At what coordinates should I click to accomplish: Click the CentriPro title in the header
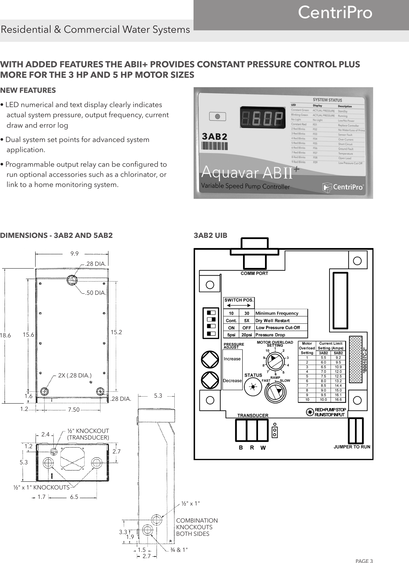pyautogui.click(x=335, y=13)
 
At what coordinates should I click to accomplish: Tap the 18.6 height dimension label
pyautogui.click(x=6, y=335)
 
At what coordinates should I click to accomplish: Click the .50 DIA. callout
pyautogui.click(x=96, y=293)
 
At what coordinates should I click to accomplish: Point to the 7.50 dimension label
pyautogui.click(x=74, y=410)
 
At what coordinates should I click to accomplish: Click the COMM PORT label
pyautogui.click(x=255, y=273)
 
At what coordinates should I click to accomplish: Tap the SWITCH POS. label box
pyautogui.click(x=239, y=300)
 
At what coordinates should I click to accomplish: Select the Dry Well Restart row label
pyautogui.click(x=273, y=321)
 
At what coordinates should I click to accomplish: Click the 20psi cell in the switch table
pyautogui.click(x=247, y=335)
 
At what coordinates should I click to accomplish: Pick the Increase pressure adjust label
pyautogui.click(x=232, y=359)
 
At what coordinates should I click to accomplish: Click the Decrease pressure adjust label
pyautogui.click(x=232, y=381)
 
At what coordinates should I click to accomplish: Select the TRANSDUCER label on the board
pyautogui.click(x=253, y=415)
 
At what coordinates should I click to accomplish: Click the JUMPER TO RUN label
pyautogui.click(x=352, y=447)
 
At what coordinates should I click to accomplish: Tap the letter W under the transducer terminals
pyautogui.click(x=263, y=448)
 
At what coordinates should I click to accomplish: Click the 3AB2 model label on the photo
pyautogui.click(x=215, y=136)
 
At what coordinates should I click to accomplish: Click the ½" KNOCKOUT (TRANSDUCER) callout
pyautogui.click(x=88, y=434)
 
